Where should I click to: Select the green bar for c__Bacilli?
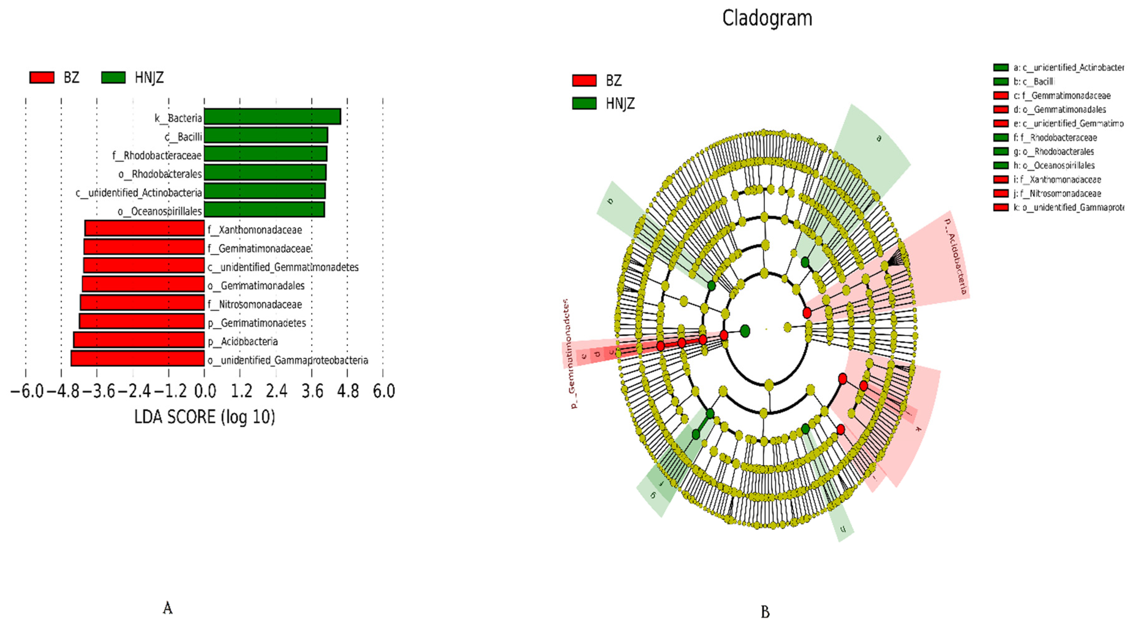[266, 135]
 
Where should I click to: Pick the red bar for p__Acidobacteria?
[139, 340]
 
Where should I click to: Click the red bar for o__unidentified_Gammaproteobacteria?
[137, 359]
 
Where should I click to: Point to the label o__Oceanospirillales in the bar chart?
[160, 211]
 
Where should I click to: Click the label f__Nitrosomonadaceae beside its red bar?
[255, 304]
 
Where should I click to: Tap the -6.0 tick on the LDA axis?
[26, 391]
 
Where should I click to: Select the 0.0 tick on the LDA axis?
[204, 391]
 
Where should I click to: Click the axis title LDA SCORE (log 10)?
[204, 416]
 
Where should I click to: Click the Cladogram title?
[767, 18]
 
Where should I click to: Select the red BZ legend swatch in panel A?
[42, 77]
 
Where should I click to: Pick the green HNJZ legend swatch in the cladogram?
[584, 103]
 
